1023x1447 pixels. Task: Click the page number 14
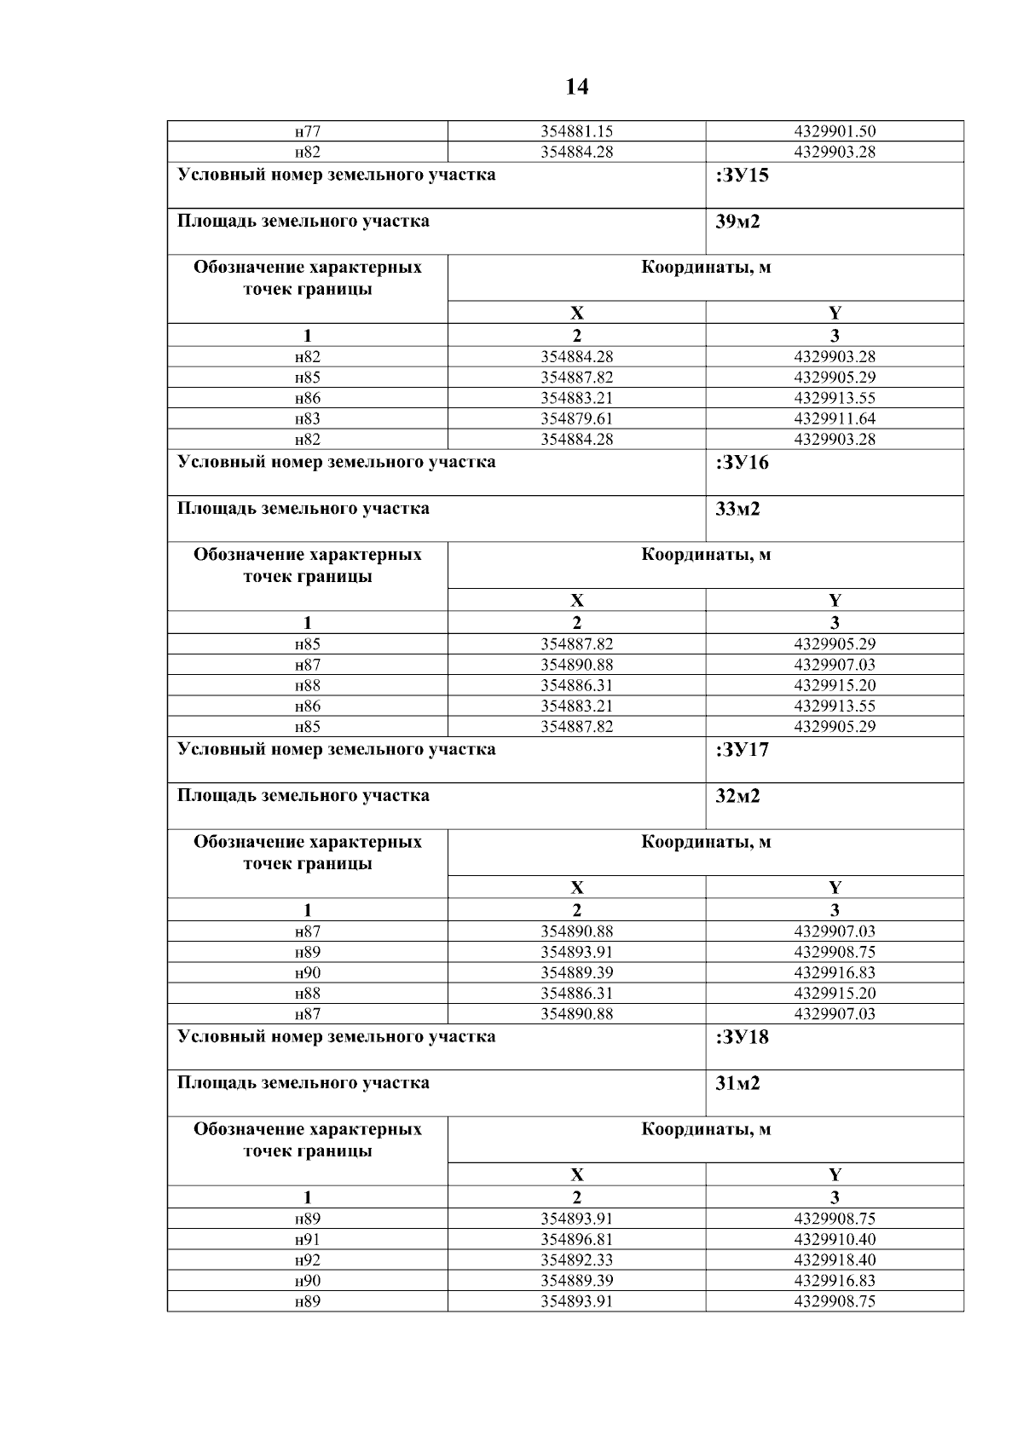point(576,87)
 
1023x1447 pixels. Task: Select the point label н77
point(308,131)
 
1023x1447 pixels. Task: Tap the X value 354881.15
point(576,131)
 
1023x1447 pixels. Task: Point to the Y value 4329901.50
point(835,131)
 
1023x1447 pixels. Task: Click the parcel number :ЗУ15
point(737,176)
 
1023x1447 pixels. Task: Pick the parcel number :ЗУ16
point(737,463)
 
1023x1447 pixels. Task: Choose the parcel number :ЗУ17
point(737,750)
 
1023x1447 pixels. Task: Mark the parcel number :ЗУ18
point(737,1037)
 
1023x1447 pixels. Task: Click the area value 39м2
point(737,222)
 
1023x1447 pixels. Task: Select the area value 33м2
point(737,509)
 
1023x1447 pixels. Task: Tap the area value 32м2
point(737,796)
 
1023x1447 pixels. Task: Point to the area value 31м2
point(737,1083)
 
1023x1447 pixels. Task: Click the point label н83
point(308,418)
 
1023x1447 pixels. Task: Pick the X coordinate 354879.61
point(576,418)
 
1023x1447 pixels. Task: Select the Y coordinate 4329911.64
point(835,418)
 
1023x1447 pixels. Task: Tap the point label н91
point(308,1239)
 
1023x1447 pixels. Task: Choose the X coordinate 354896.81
point(576,1239)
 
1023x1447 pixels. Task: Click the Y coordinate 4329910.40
point(835,1239)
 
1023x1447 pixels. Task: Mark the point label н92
point(308,1260)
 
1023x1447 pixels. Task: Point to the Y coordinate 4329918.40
point(835,1260)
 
